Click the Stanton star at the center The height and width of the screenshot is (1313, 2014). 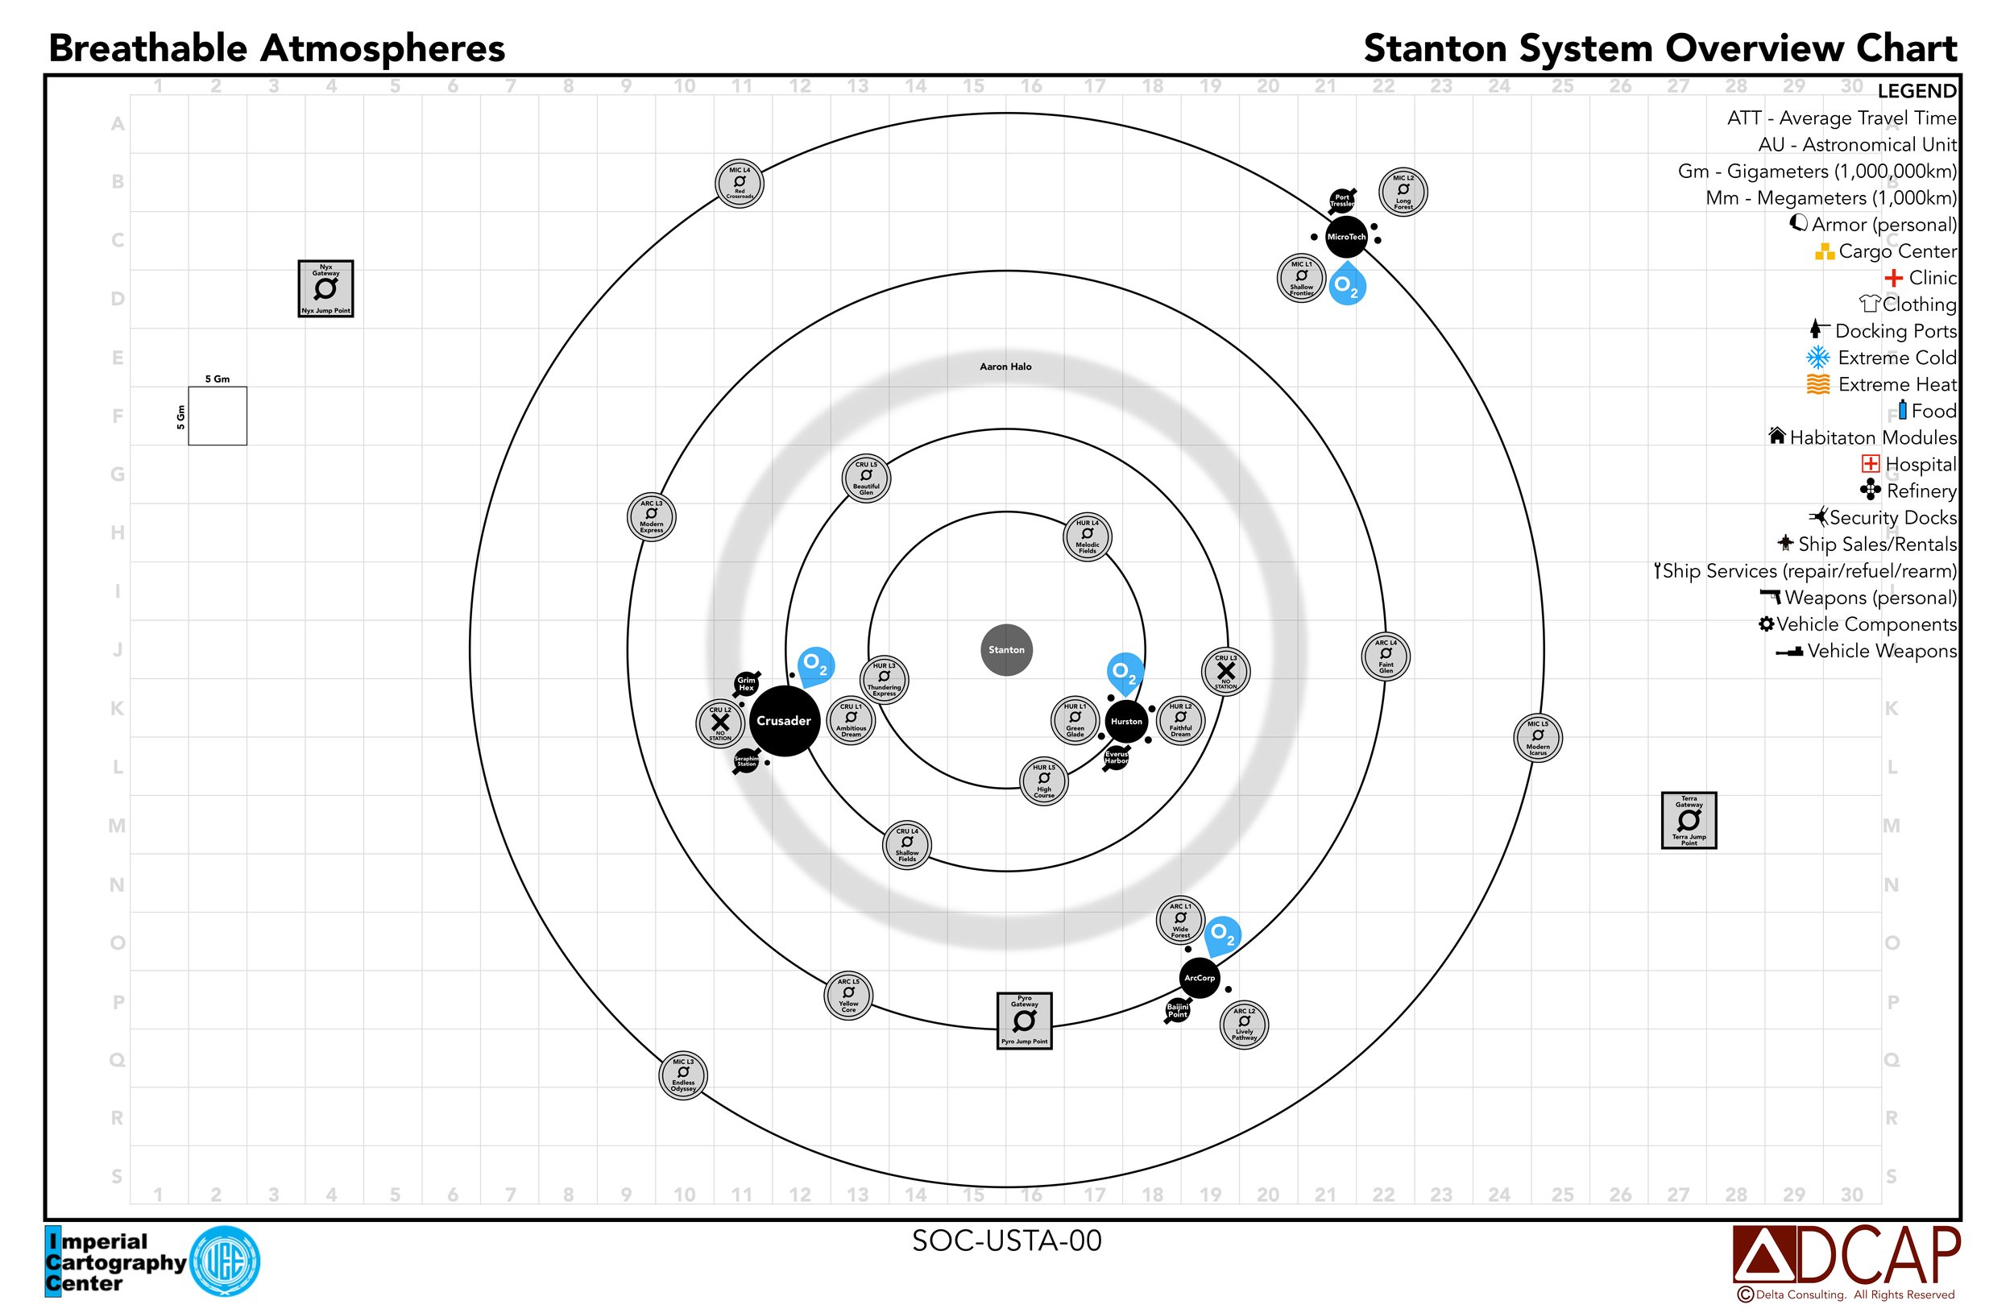[1006, 650]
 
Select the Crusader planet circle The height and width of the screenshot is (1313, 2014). [784, 721]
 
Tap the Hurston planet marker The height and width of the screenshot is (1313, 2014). [1125, 722]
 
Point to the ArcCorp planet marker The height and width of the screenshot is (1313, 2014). [1199, 978]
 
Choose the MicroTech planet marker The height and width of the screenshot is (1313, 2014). [1345, 237]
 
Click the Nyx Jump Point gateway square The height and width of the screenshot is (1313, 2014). [325, 288]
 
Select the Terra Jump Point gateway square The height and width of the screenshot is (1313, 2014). [1689, 820]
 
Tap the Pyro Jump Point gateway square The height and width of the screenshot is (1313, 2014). [1024, 1021]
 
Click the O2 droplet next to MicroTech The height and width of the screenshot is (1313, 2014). [1346, 285]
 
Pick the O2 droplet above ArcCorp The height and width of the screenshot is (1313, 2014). [1222, 936]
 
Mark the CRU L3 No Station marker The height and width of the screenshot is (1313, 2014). [1225, 672]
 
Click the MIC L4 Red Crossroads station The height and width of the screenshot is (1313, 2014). [740, 183]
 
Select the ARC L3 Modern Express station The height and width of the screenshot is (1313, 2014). [652, 516]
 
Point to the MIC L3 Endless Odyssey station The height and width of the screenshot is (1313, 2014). [683, 1075]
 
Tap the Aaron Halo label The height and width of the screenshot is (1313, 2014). [1005, 367]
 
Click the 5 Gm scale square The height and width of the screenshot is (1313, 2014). [218, 416]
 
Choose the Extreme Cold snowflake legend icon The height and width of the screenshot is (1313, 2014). [1817, 358]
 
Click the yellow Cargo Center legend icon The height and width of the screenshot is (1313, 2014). [1825, 251]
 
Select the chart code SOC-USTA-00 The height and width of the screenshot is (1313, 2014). [1006, 1241]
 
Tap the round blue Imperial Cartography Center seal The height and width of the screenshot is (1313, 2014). [224, 1261]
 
